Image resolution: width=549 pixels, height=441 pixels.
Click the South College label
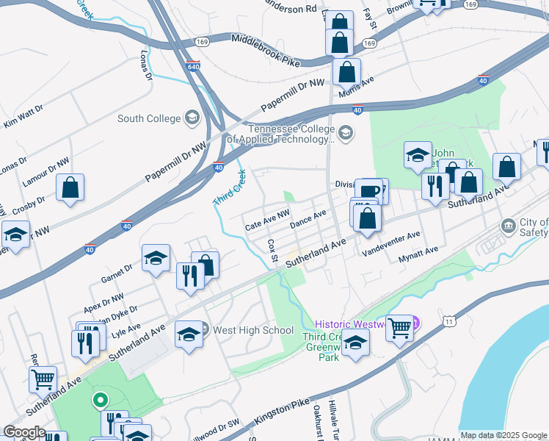click(149, 118)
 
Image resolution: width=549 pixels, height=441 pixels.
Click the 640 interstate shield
click(193, 65)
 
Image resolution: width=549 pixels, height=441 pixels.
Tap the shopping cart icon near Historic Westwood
click(399, 328)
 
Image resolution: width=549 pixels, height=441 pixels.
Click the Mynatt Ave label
click(417, 254)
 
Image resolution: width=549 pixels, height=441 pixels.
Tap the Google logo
click(24, 432)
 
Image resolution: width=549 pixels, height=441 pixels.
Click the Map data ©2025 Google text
click(504, 435)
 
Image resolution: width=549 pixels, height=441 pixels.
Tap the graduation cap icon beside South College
click(192, 118)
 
